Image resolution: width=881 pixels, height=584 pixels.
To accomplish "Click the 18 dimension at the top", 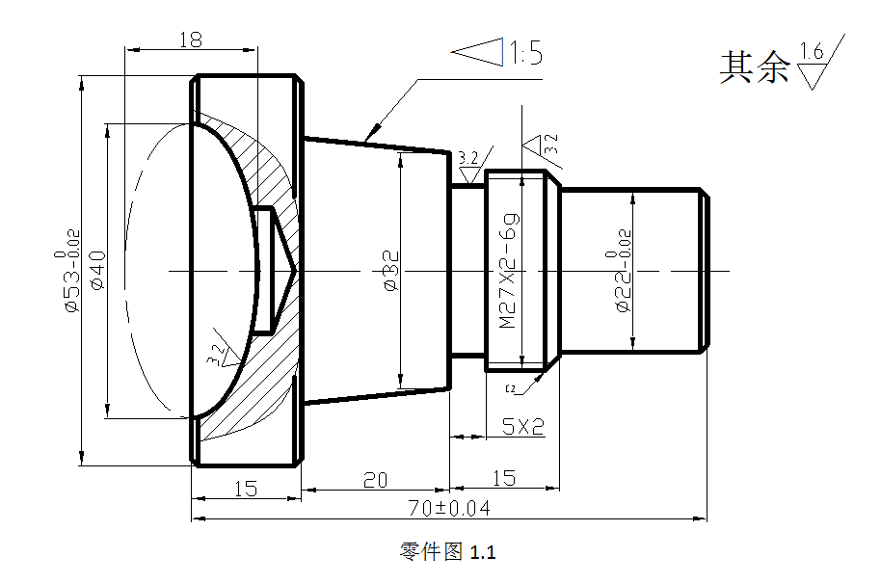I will click(x=190, y=39).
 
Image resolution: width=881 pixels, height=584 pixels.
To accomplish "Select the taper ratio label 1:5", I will click(x=525, y=53).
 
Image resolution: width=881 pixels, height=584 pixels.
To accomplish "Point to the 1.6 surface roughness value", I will click(x=812, y=52).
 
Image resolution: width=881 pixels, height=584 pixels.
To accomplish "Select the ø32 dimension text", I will click(x=390, y=270).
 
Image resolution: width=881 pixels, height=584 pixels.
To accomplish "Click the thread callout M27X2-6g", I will click(x=509, y=271).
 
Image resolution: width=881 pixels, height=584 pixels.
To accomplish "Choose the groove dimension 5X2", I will click(x=523, y=426).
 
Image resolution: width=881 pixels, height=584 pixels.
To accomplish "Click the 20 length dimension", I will click(x=375, y=479).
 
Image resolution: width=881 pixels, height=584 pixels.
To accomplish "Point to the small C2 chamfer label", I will click(x=511, y=388).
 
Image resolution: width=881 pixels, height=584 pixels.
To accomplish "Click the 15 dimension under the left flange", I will click(x=246, y=489).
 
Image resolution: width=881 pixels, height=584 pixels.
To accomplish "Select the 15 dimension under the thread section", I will click(x=503, y=477).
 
